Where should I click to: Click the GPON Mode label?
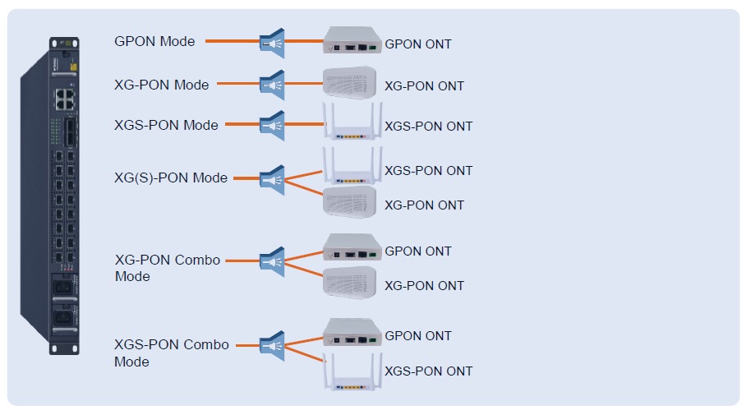tap(154, 41)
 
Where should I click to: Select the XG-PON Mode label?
tap(161, 84)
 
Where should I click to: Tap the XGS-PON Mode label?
tap(166, 125)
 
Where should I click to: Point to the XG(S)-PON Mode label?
tap(171, 178)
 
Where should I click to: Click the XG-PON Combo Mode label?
tap(168, 268)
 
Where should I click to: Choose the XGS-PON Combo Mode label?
tap(171, 353)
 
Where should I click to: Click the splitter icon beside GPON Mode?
tap(272, 43)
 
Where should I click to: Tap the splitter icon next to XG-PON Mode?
tap(272, 84)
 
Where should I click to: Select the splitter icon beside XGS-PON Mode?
tap(272, 125)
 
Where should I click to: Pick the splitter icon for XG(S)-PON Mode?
tap(272, 179)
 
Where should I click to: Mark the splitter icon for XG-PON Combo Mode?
tap(272, 261)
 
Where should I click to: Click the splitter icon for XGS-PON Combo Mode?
tap(272, 345)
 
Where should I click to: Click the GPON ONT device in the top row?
tap(352, 40)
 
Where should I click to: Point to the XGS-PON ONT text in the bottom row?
tap(429, 371)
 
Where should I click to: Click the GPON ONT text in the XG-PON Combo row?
tap(418, 251)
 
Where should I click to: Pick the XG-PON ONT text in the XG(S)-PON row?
tap(425, 205)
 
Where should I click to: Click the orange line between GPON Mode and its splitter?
tap(232, 40)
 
